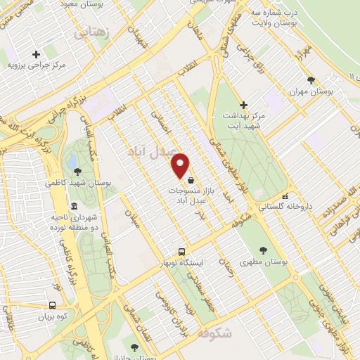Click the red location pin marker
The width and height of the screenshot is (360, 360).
(x=181, y=165)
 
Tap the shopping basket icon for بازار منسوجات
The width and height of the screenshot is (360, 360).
(x=191, y=180)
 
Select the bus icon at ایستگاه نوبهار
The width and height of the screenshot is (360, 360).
(x=182, y=252)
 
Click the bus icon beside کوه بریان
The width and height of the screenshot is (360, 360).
(x=52, y=305)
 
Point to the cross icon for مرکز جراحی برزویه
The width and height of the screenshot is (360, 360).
(x=36, y=54)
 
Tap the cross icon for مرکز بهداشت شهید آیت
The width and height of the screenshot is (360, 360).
(x=244, y=104)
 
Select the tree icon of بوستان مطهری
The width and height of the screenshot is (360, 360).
(x=263, y=250)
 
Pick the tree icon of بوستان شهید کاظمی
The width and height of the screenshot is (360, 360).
(x=77, y=171)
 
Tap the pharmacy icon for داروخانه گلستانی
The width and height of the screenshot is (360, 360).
(x=285, y=196)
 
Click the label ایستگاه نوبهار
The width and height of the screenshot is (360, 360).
(x=202, y=262)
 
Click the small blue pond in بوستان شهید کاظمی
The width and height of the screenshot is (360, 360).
(x=72, y=162)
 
